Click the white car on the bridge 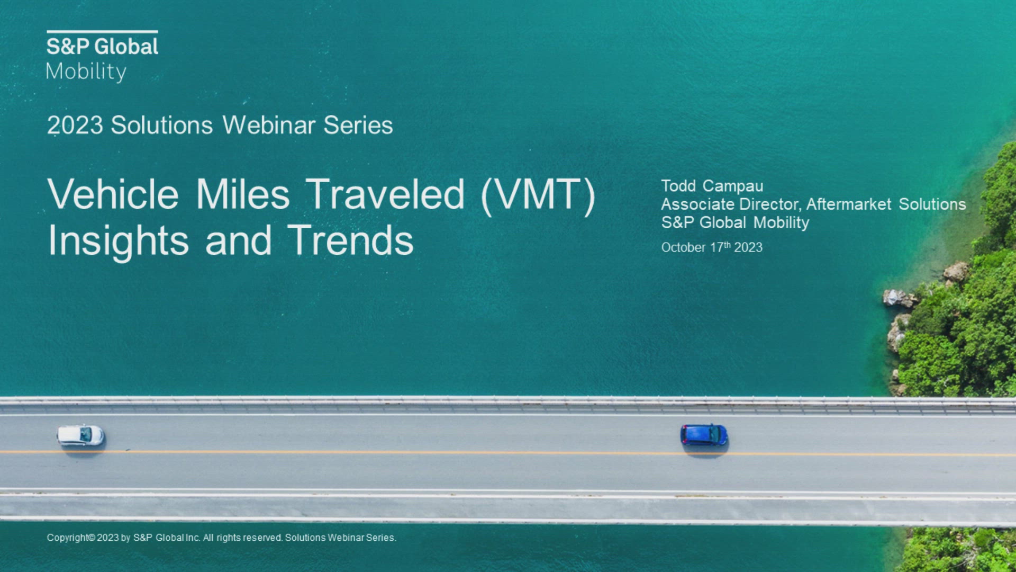pos(80,435)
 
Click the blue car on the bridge pos(704,435)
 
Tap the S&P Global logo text pos(102,47)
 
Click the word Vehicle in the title pos(113,194)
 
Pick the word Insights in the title pos(118,241)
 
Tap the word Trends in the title pos(350,240)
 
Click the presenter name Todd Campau pos(712,186)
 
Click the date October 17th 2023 pos(712,247)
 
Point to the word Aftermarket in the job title pos(849,204)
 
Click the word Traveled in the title pos(385,194)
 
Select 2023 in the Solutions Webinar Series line pos(75,126)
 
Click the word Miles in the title pos(243,194)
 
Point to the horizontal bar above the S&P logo pos(102,32)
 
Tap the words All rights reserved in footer pos(242,538)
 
